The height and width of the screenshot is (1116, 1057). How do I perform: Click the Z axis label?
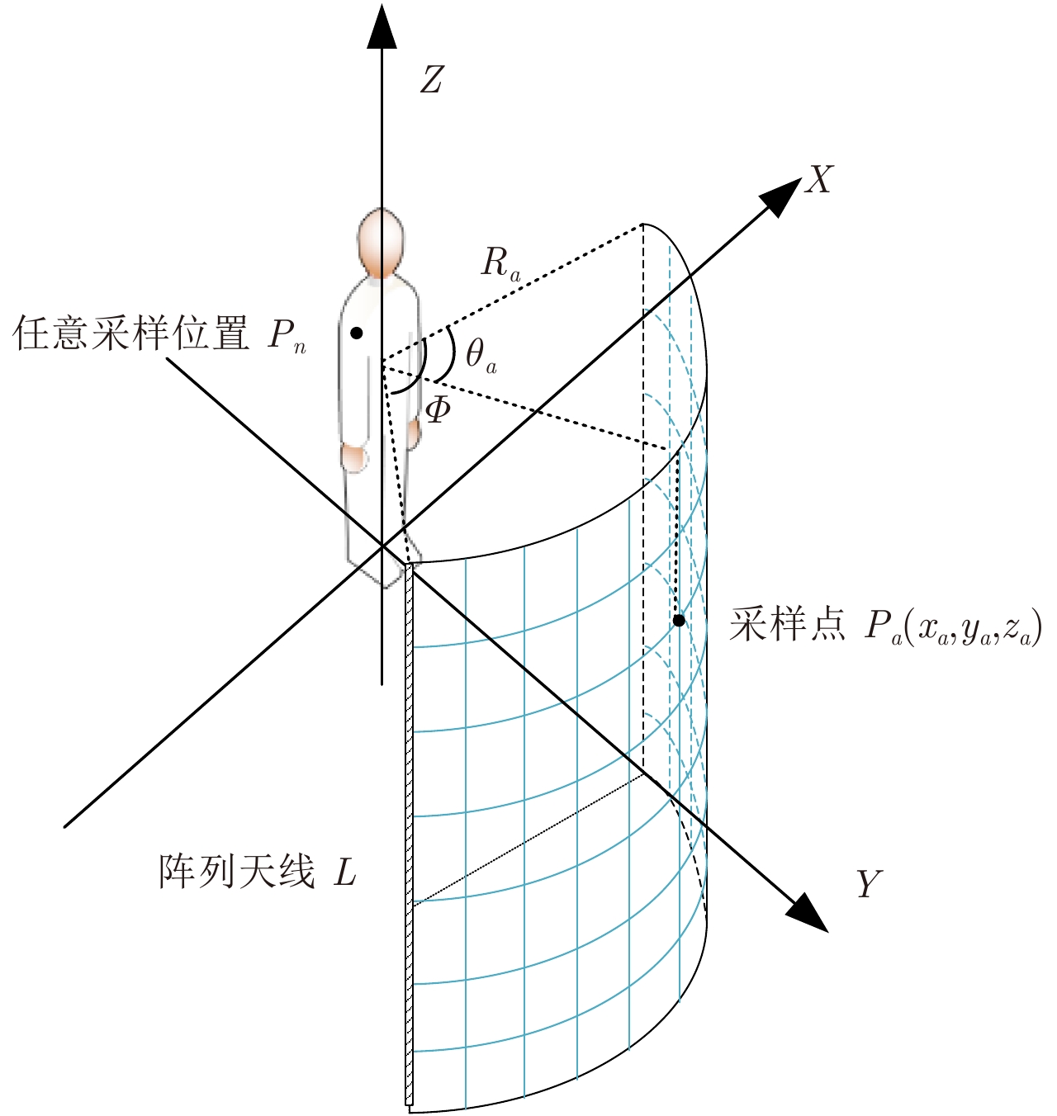(x=431, y=80)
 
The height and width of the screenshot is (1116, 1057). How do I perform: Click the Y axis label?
(x=869, y=884)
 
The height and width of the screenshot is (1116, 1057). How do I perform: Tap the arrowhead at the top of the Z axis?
(x=382, y=26)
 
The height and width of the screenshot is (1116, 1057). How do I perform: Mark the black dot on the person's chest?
(x=356, y=333)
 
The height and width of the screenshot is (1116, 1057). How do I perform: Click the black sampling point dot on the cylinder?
(x=679, y=621)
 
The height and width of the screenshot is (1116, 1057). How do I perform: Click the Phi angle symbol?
(x=438, y=410)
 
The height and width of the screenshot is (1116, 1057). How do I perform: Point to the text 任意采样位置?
(x=130, y=333)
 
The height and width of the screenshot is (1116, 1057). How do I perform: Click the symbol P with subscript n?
(x=287, y=337)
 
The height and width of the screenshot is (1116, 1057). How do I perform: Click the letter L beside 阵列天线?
(x=344, y=871)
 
